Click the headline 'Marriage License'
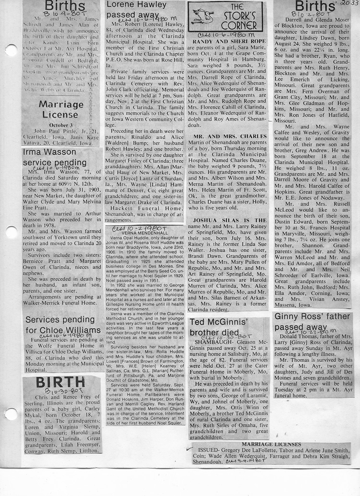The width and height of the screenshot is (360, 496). coord(61,109)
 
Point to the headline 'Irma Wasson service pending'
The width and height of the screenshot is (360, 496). coord(55,157)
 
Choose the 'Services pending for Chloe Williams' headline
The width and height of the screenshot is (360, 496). coord(63,325)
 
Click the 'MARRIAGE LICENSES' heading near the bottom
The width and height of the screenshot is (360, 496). coord(272,444)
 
